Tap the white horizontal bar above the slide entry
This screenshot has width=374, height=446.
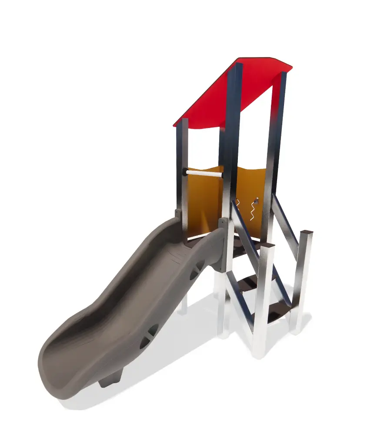204,173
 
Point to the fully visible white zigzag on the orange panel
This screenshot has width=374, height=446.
251,211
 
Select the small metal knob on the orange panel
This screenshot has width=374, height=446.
256,201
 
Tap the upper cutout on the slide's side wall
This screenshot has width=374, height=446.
196,270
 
